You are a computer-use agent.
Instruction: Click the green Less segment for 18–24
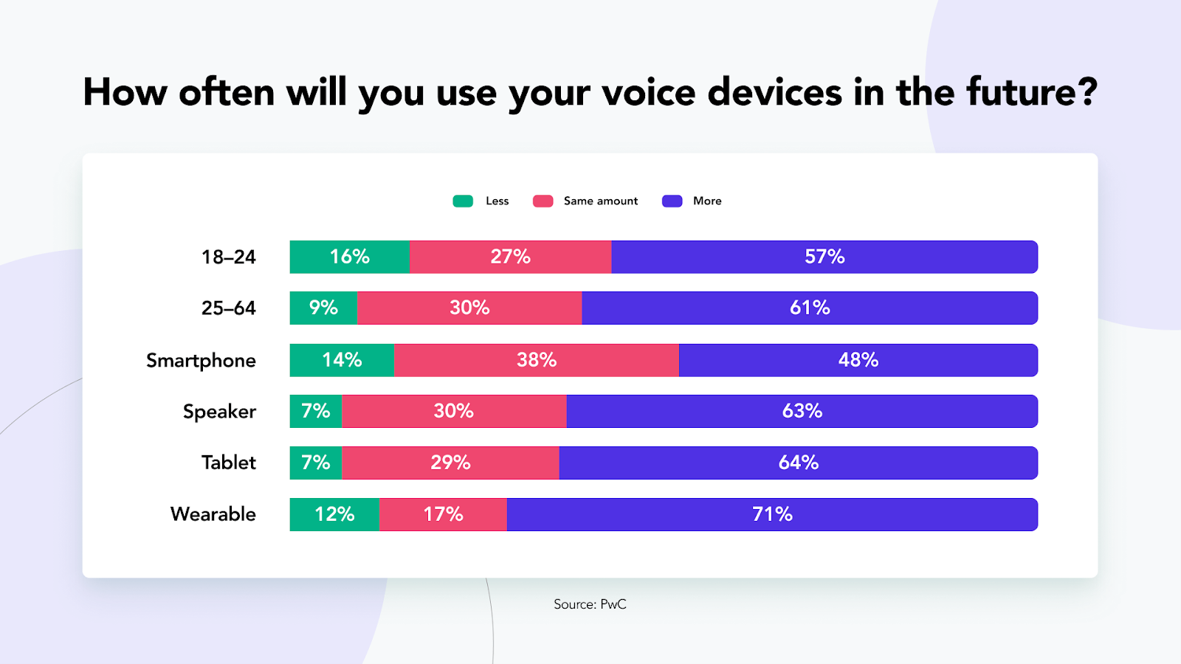(350, 257)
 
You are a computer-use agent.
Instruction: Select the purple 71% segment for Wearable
(772, 514)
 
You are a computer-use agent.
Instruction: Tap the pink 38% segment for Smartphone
(537, 360)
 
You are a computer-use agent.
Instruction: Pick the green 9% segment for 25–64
(323, 308)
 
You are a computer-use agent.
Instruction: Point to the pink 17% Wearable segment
(443, 514)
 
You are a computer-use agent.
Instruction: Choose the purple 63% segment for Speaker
(802, 411)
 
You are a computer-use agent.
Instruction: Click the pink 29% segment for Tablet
(450, 463)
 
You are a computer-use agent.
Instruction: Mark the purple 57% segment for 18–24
(824, 257)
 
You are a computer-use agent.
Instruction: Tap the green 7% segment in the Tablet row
(316, 463)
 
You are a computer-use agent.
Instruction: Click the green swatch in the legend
(463, 201)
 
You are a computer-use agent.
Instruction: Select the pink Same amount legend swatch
(543, 201)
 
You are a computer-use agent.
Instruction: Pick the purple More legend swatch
(672, 201)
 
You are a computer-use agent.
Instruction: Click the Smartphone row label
(201, 361)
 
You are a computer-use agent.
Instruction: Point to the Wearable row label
(213, 514)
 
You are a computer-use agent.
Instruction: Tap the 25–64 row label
(229, 308)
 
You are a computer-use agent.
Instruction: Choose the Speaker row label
(219, 412)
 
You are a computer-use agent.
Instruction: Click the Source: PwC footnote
(590, 604)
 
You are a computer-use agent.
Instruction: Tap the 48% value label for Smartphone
(858, 360)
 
